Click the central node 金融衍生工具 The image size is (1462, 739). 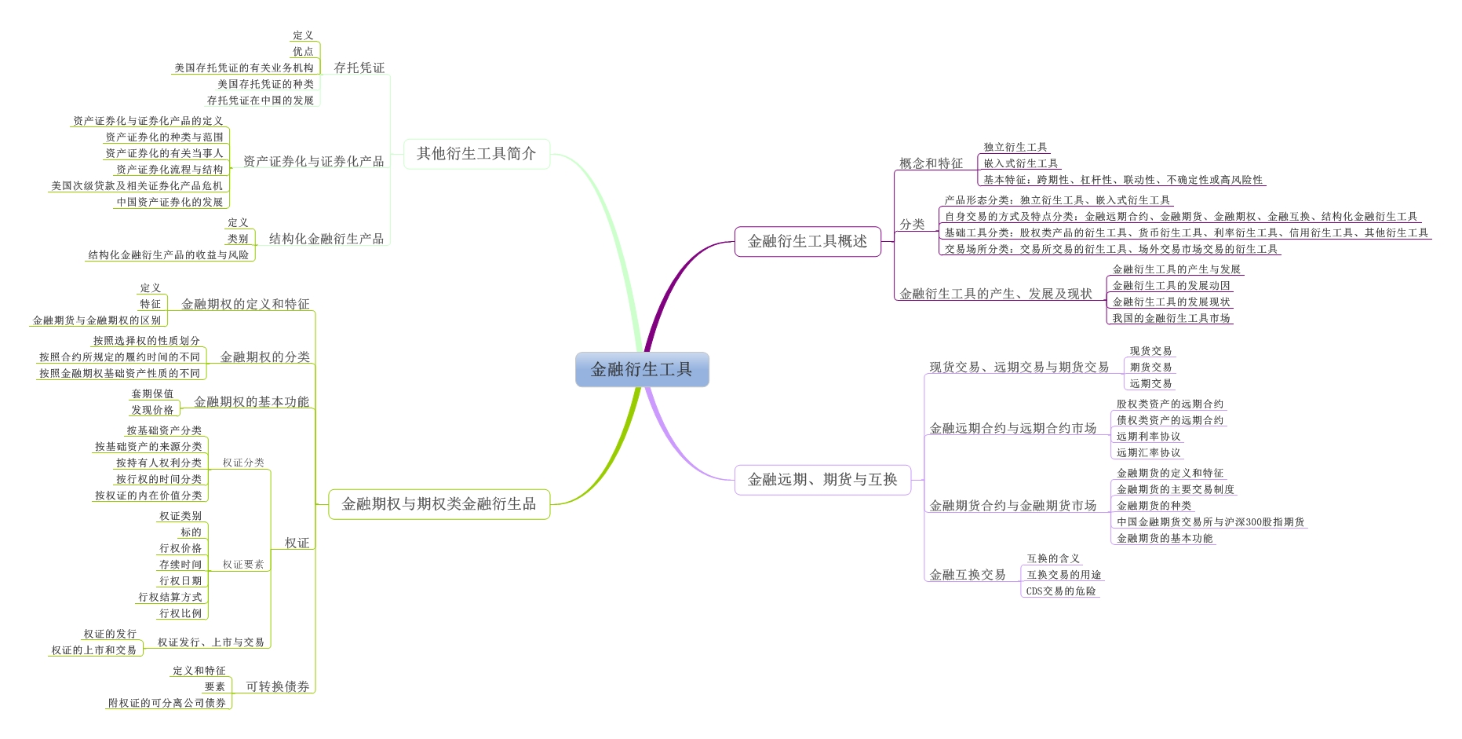[x=642, y=369]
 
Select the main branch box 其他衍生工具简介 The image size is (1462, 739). [x=476, y=154]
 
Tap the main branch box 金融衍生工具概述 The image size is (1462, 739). [x=808, y=241]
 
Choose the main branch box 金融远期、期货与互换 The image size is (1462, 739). [x=822, y=479]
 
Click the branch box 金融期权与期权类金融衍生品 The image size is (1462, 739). [x=439, y=504]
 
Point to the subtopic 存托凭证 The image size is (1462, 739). [x=359, y=68]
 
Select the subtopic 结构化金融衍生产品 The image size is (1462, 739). [x=326, y=239]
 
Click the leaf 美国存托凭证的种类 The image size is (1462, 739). [x=265, y=84]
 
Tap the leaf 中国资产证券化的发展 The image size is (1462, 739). [x=170, y=202]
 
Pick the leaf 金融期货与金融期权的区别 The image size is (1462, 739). [x=97, y=320]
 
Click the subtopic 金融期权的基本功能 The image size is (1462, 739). [x=251, y=402]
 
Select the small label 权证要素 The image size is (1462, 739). [x=243, y=565]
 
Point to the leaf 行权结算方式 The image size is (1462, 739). [x=170, y=598]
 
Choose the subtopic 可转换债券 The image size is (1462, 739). [x=278, y=686]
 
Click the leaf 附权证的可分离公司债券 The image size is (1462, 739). [x=167, y=703]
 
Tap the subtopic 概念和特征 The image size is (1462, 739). [x=931, y=163]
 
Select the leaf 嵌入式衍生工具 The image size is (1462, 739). [x=1021, y=163]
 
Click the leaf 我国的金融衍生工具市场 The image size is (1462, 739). [x=1171, y=318]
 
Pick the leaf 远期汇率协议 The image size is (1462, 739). [x=1148, y=452]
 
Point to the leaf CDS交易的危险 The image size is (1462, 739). [x=1061, y=591]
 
